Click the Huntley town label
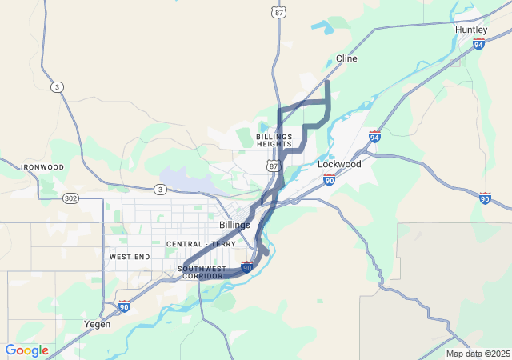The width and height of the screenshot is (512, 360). coord(470,30)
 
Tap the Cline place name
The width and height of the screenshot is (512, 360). coord(346,59)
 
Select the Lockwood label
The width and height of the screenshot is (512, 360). coord(339,164)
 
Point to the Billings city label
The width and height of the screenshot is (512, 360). coord(234,225)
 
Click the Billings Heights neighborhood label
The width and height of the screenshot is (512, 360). coord(274,140)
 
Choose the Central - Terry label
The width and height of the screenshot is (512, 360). coord(201,243)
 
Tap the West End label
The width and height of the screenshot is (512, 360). coord(130,257)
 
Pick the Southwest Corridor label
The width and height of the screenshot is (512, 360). coord(202,272)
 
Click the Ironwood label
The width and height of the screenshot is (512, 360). coord(42,166)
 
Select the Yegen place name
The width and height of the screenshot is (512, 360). coord(98,324)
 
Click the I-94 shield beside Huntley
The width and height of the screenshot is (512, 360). coord(479,43)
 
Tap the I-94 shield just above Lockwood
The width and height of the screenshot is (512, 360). coord(374,136)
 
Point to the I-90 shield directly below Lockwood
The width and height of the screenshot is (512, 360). coord(329,180)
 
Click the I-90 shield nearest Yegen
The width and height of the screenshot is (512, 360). coord(124,306)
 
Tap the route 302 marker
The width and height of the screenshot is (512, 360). coord(70,198)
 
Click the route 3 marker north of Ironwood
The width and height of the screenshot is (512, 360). coord(56,87)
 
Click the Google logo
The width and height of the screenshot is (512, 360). coord(26,350)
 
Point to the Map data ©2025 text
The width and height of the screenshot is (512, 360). coord(477,354)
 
